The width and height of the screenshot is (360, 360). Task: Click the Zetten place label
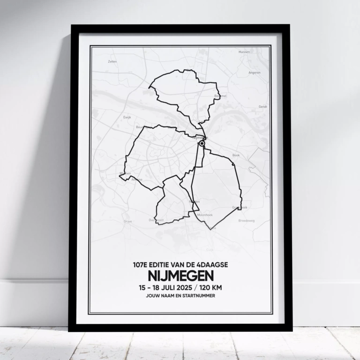tap(112, 61)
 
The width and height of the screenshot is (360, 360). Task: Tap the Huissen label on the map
tap(244, 52)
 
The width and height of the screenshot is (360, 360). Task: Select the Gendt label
tap(262, 107)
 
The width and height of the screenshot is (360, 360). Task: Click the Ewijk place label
tap(127, 117)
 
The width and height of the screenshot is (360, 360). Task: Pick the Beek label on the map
tap(236, 155)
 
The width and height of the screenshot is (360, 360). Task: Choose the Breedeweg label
tap(246, 220)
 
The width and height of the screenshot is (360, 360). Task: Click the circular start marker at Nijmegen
tap(202, 144)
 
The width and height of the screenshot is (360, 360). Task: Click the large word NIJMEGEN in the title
tap(180, 275)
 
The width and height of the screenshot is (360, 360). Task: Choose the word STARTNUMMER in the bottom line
tap(200, 295)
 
